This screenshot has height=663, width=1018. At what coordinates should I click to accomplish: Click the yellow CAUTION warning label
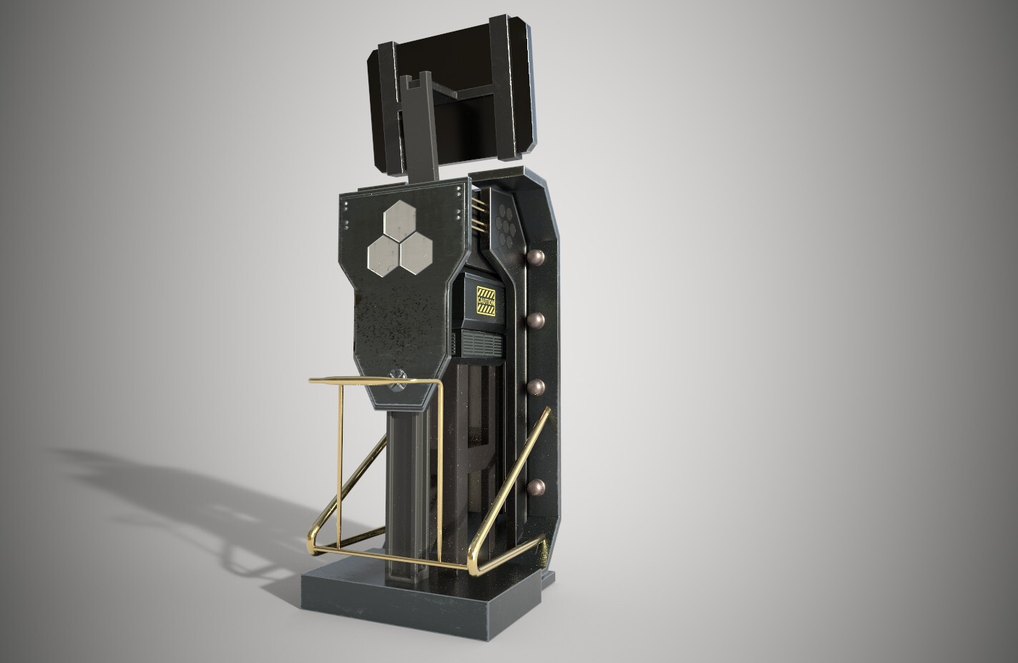coord(486,301)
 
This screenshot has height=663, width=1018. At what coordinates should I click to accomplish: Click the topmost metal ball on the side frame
coord(534,257)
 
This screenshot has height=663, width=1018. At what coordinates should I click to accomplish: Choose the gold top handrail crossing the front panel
coord(372,381)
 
